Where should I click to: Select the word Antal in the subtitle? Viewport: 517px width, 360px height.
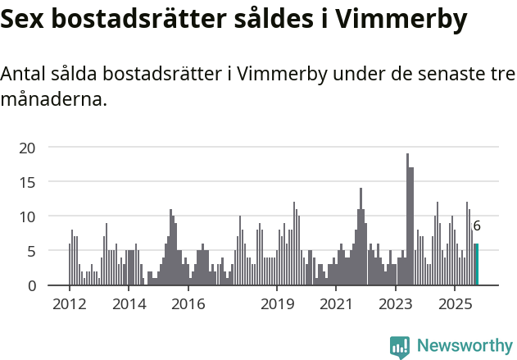click(x=25, y=75)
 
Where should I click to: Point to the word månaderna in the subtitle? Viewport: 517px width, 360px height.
click(x=54, y=101)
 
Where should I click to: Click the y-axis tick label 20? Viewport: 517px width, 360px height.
click(x=28, y=148)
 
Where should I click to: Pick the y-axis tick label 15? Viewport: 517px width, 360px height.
click(x=28, y=182)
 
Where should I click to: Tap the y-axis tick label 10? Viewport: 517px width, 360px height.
click(x=28, y=216)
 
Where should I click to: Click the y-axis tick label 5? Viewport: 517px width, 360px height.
click(x=32, y=251)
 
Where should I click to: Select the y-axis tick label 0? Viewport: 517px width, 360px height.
click(x=32, y=285)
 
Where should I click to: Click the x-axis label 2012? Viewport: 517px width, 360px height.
click(x=70, y=304)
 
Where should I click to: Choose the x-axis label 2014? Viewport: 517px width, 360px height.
click(x=129, y=304)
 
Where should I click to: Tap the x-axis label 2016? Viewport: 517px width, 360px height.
click(x=188, y=304)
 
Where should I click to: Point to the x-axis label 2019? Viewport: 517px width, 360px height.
click(x=277, y=304)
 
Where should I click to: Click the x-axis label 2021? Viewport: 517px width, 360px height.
click(x=336, y=304)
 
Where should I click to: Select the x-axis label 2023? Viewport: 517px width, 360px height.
click(x=396, y=304)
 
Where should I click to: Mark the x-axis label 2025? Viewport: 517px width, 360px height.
click(x=455, y=304)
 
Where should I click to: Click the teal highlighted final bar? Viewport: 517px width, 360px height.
click(x=476, y=265)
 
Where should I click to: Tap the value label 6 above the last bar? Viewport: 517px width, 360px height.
click(x=477, y=226)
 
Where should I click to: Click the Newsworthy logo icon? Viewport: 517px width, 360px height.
click(x=400, y=347)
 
